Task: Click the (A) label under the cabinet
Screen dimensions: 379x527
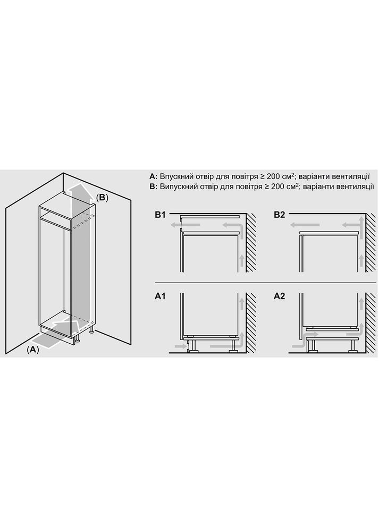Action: coord(33,350)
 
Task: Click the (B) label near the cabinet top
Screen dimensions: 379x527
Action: coord(102,198)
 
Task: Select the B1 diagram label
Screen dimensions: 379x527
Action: coord(160,215)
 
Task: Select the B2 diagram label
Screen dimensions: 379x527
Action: coord(279,215)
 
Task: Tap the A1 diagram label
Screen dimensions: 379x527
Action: coord(160,296)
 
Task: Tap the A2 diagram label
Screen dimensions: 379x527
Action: coord(279,296)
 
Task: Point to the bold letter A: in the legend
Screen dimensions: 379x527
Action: coord(153,176)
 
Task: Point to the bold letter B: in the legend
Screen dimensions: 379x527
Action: coord(153,186)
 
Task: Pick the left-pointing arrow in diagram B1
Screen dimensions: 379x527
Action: coord(186,225)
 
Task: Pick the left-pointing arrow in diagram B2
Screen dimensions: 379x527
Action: coord(305,225)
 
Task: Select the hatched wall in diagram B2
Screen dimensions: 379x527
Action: coord(371,243)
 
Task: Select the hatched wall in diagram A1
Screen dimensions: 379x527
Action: coord(251,322)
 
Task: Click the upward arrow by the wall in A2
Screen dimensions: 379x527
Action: coord(361,303)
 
